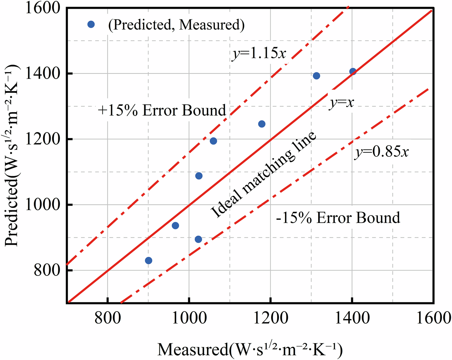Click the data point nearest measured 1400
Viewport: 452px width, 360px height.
(x=353, y=71)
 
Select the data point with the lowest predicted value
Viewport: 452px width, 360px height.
(x=149, y=261)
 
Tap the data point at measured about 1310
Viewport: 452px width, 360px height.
(x=316, y=76)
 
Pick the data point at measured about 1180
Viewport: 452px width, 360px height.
(x=262, y=124)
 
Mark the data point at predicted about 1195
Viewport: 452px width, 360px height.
(x=213, y=141)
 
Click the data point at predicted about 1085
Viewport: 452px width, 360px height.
(x=199, y=176)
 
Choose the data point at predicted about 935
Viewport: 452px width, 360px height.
(x=175, y=225)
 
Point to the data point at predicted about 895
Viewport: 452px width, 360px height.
(x=198, y=239)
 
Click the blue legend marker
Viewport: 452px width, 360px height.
(x=91, y=24)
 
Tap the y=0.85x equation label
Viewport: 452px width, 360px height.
(x=382, y=152)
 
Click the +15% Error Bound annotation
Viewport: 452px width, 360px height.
(x=162, y=110)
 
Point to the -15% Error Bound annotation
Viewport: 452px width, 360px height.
(x=338, y=218)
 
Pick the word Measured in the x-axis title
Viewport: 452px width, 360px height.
(x=192, y=350)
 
